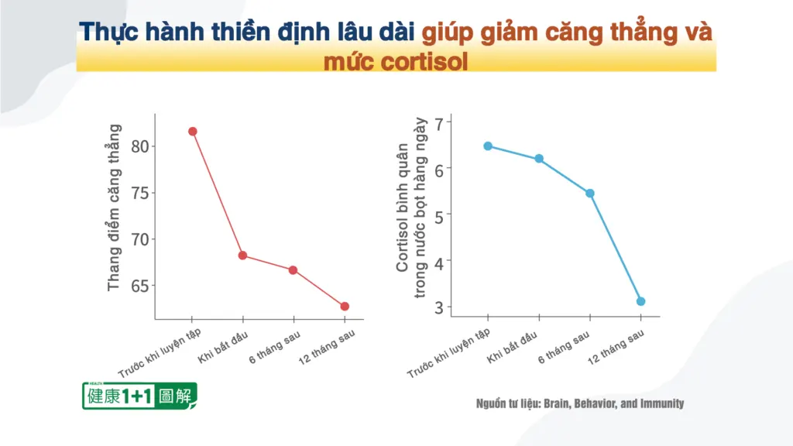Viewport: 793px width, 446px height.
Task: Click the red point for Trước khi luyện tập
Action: [192, 132]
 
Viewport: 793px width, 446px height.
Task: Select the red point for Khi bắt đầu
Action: [242, 256]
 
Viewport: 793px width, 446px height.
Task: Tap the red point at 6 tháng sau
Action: [293, 270]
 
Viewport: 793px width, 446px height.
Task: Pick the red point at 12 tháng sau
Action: [344, 307]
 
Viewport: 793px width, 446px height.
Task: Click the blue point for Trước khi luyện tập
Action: [488, 146]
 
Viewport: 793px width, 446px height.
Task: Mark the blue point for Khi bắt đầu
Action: [539, 159]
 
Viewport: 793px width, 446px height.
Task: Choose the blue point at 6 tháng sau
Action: [590, 193]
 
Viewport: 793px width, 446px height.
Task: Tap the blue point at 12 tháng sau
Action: [640, 301]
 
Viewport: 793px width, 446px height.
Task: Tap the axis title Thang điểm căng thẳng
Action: [115, 208]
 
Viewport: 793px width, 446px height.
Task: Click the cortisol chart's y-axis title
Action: [411, 208]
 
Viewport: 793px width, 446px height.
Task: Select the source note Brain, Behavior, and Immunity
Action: [614, 403]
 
